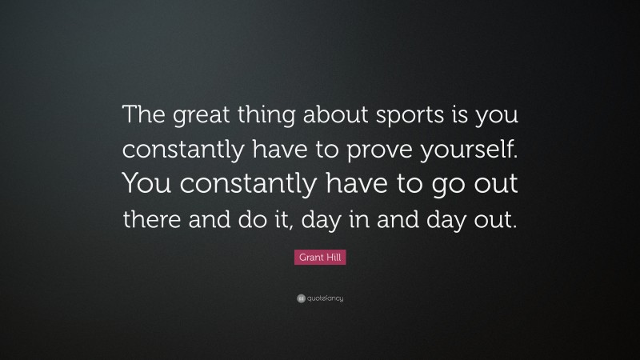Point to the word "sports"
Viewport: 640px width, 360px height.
pos(413,117)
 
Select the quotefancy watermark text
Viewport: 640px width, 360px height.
pos(324,298)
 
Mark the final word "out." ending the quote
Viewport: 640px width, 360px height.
pos(494,219)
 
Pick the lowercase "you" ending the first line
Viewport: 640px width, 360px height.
pos(500,117)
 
